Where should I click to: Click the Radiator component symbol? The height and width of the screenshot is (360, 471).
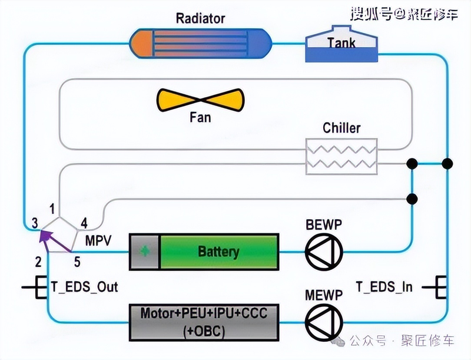coord(201,43)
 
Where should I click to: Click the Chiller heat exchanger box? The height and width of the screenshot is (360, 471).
coord(341,156)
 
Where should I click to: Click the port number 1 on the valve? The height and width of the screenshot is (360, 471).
coord(52,209)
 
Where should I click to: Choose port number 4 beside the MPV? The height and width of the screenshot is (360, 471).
coord(84,223)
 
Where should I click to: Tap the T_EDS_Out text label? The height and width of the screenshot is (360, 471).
coord(84,287)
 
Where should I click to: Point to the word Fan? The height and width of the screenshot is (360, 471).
coord(200,117)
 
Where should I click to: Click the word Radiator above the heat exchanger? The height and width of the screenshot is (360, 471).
coord(200,18)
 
